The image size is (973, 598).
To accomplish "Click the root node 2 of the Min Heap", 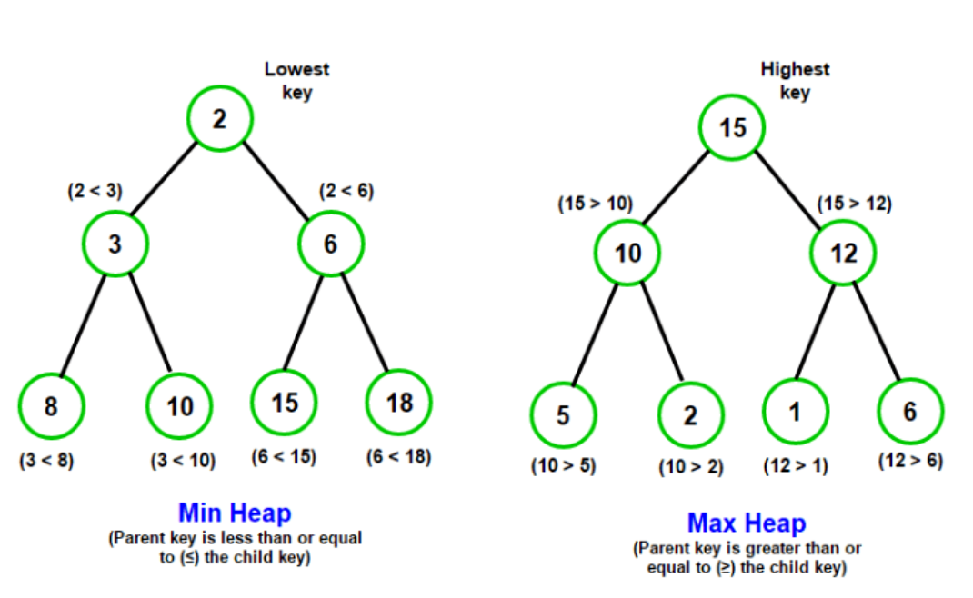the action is pyautogui.click(x=220, y=118).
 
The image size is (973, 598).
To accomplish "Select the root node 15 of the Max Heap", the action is pyautogui.click(x=732, y=128).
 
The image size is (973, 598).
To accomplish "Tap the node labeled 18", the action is pyautogui.click(x=399, y=403).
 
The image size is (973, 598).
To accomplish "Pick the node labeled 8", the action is pyautogui.click(x=51, y=406).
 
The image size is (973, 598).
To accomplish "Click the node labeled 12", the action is pyautogui.click(x=843, y=253).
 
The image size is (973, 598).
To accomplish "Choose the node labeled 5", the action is pyautogui.click(x=563, y=415).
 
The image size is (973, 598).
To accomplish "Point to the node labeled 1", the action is pyautogui.click(x=795, y=412).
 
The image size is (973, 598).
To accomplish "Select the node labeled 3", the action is pyautogui.click(x=115, y=244).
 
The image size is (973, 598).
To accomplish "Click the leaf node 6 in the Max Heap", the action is pyautogui.click(x=910, y=412).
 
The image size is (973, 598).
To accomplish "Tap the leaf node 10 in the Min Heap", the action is pyautogui.click(x=179, y=406).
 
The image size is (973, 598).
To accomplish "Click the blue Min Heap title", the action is pyautogui.click(x=235, y=513).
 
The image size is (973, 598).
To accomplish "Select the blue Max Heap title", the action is pyautogui.click(x=747, y=523).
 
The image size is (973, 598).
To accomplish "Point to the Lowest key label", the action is pyautogui.click(x=296, y=81).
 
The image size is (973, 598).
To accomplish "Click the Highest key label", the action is pyautogui.click(x=795, y=81).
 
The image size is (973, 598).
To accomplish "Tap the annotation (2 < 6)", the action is pyautogui.click(x=346, y=191).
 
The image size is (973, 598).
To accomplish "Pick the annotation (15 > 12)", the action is pyautogui.click(x=854, y=204).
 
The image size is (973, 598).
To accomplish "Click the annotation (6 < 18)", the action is pyautogui.click(x=398, y=457).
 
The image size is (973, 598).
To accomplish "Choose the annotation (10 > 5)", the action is pyautogui.click(x=563, y=466).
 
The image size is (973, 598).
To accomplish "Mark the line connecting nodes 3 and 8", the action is pyautogui.click(x=83, y=325).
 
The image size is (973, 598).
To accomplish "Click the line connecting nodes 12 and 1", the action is pyautogui.click(x=815, y=331).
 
